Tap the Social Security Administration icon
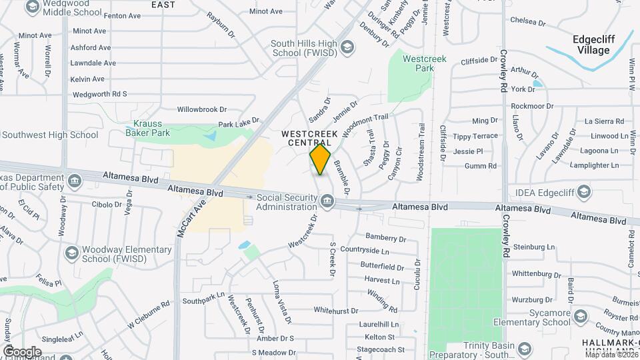[327, 201]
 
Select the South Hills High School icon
[347, 47]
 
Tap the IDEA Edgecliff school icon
[584, 193]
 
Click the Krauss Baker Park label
[148, 128]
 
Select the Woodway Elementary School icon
[71, 253]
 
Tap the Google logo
[22, 351]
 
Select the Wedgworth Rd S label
[99, 94]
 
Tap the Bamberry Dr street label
[386, 238]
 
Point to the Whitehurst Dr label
[337, 311]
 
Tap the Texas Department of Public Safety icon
[75, 181]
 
